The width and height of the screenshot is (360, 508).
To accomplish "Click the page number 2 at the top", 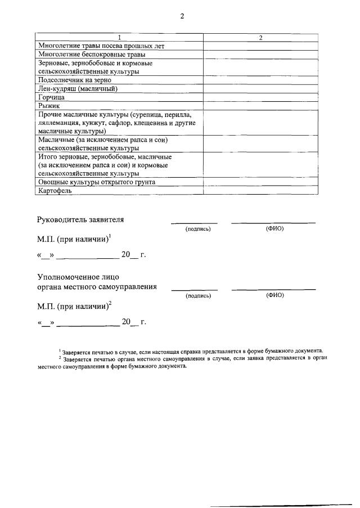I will pos(182,16).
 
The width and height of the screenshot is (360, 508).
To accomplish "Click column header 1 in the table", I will pos(119,38).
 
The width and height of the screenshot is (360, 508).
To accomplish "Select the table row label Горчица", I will pos(52,97).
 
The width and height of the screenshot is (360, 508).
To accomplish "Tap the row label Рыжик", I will pos(49,105).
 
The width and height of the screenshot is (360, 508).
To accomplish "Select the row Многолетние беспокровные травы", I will pos(91,55).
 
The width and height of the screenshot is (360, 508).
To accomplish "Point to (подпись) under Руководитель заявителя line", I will pos(198,229).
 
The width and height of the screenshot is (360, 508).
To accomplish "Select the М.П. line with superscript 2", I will pos(74,307).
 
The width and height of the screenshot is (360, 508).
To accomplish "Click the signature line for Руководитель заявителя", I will pos(194,223).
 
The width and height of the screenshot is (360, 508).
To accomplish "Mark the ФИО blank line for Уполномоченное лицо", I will pos(273,289).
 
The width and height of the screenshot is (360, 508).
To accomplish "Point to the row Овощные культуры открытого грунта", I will pos(96,182).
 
